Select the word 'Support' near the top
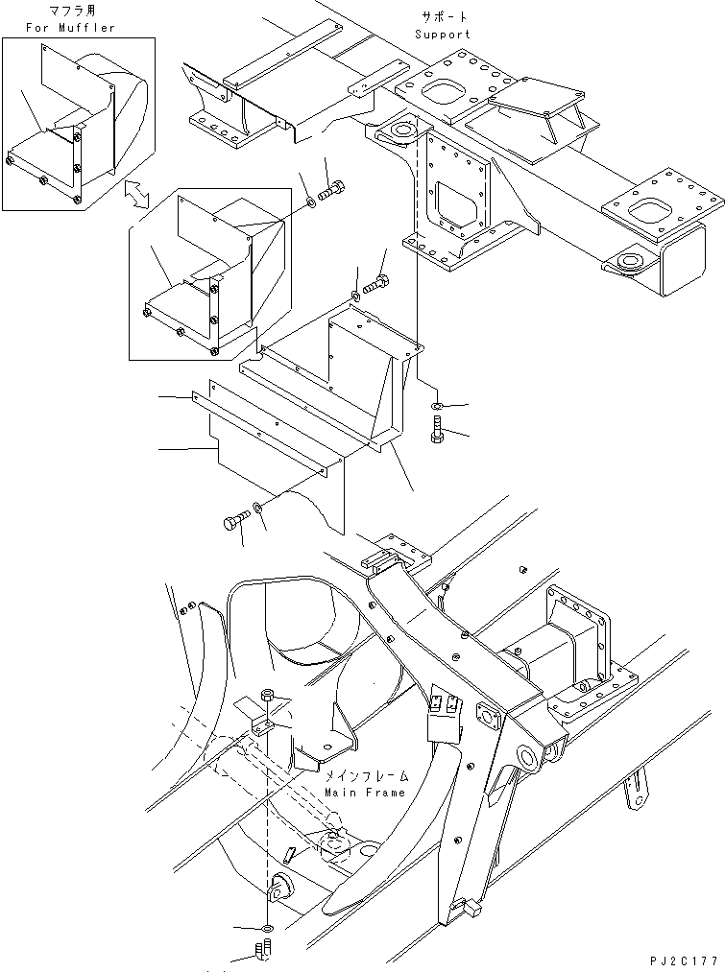pyautogui.click(x=443, y=35)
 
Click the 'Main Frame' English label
pyautogui.click(x=366, y=793)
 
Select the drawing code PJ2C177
pyautogui.click(x=685, y=960)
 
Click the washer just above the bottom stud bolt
pyautogui.click(x=264, y=929)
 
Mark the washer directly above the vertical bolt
pyautogui.click(x=437, y=407)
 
